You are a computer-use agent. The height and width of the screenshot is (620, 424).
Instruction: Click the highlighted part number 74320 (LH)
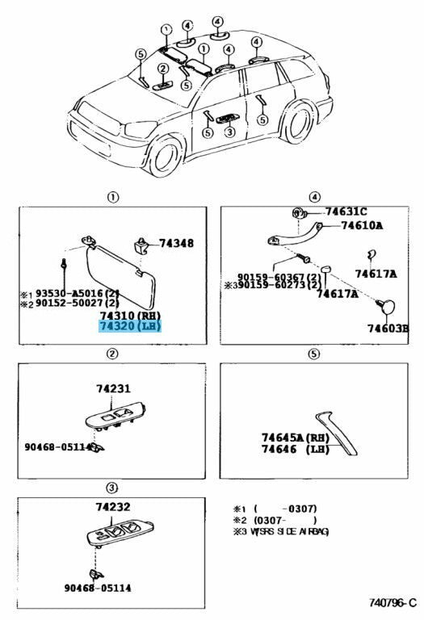[130, 327]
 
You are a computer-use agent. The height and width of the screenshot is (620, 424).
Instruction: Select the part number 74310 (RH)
[130, 316]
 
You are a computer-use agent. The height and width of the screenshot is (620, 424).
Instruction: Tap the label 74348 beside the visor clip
[176, 243]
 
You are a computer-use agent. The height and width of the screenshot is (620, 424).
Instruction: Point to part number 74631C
[346, 212]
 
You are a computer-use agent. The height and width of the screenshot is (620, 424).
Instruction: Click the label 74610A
[362, 226]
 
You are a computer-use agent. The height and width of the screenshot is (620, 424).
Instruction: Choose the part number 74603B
[388, 329]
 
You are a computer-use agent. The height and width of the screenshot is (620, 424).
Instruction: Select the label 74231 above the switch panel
[113, 388]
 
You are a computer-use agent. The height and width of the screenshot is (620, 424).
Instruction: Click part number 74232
[113, 506]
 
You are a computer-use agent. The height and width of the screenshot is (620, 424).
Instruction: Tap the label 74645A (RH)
[295, 438]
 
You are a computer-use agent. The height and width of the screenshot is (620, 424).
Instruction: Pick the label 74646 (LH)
[295, 449]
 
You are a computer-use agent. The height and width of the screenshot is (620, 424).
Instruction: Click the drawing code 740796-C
[393, 602]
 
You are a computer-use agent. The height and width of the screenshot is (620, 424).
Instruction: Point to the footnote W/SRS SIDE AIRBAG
[289, 531]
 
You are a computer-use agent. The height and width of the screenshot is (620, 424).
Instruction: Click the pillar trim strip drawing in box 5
[337, 432]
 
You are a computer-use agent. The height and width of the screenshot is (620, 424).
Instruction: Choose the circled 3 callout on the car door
[230, 132]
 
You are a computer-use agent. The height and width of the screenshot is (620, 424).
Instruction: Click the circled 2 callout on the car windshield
[163, 69]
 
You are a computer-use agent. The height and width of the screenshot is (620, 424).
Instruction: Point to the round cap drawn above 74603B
[385, 307]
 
